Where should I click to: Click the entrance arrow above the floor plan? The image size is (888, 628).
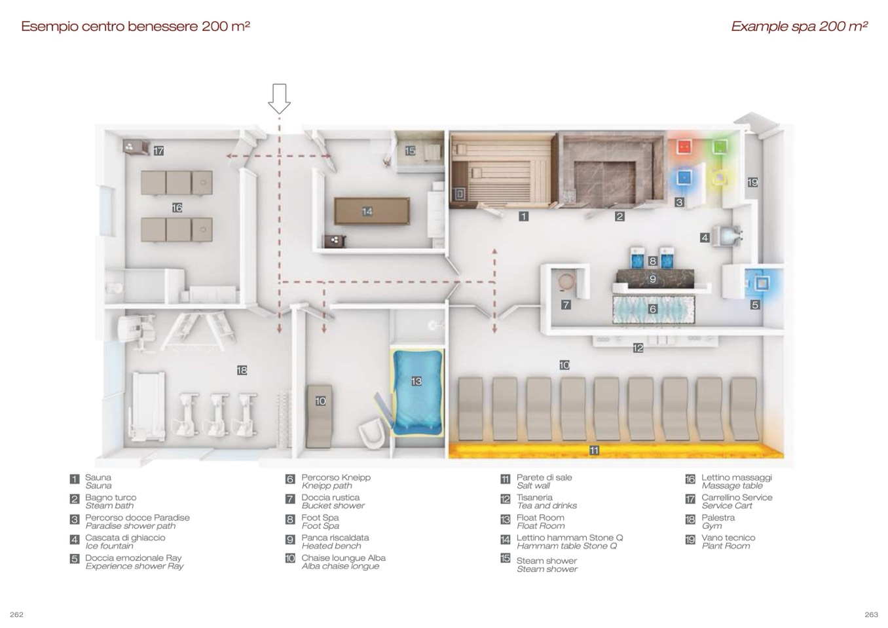(280, 98)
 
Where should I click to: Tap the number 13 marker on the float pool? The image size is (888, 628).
(416, 381)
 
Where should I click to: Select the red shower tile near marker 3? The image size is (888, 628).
(684, 146)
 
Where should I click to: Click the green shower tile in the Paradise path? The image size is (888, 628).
(720, 145)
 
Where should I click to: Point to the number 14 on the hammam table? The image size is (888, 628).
(367, 212)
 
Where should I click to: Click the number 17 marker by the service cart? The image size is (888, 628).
(158, 151)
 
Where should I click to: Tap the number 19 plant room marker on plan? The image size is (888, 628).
(752, 182)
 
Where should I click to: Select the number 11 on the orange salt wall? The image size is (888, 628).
(594, 451)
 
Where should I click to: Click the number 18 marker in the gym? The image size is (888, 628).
(242, 371)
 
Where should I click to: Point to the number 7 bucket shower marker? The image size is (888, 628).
(566, 305)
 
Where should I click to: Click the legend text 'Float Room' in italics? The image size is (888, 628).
(540, 526)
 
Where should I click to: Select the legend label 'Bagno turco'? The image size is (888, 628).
(111, 498)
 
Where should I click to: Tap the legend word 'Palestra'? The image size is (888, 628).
(718, 517)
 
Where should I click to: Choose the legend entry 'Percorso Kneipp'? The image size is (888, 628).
(336, 477)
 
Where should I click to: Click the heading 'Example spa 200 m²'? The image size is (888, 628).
(799, 27)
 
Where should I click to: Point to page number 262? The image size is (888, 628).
(17, 614)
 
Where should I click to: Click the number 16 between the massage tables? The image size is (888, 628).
(177, 208)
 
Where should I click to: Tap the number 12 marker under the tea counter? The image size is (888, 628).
(638, 348)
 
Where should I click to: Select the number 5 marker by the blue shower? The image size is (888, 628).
(755, 305)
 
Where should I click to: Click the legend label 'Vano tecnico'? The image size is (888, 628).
(728, 538)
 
